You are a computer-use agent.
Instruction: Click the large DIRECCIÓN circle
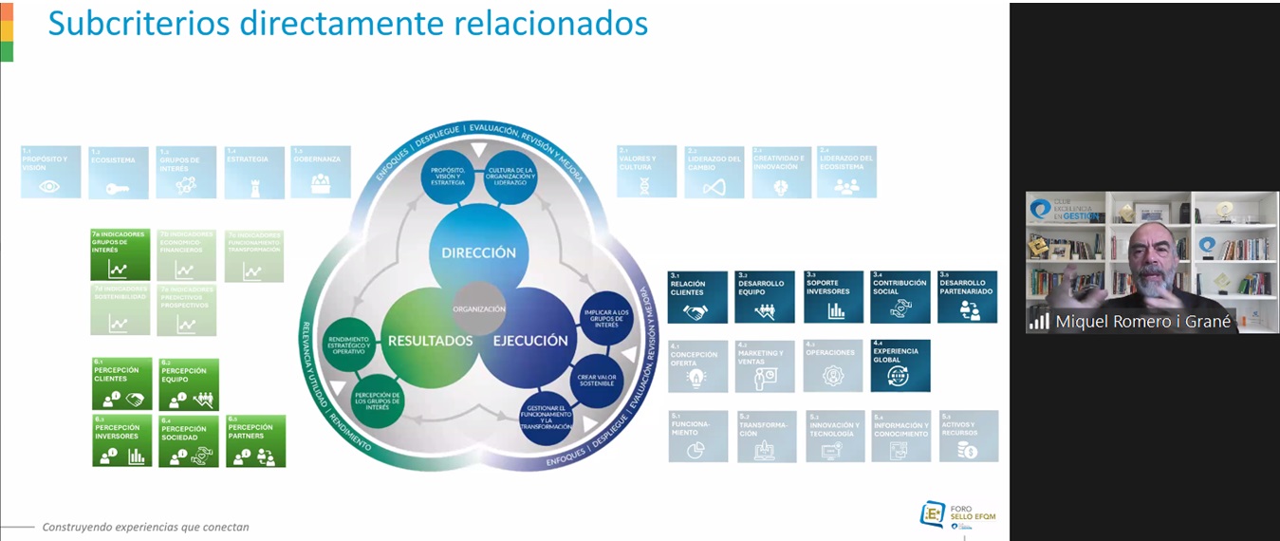click(478, 252)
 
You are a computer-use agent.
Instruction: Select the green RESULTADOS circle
click(429, 341)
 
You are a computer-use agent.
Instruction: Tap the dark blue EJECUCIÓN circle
click(529, 341)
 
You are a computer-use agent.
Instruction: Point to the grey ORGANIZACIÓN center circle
click(479, 308)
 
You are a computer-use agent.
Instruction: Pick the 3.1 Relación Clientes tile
click(697, 297)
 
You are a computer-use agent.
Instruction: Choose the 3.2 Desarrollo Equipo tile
click(766, 297)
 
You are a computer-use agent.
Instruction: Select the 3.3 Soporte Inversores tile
click(834, 297)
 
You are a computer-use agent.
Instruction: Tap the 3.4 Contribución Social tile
click(900, 297)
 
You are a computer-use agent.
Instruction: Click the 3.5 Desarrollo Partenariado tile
click(968, 297)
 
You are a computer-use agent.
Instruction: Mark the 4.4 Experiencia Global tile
click(900, 365)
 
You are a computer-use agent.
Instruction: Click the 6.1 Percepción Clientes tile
click(121, 383)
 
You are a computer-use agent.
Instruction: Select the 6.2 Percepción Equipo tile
click(189, 383)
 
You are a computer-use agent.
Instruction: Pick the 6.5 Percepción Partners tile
click(256, 441)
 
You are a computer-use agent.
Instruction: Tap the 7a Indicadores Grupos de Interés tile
click(121, 254)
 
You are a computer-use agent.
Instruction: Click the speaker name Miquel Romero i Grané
click(1142, 322)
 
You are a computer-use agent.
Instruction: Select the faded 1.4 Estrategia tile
click(254, 172)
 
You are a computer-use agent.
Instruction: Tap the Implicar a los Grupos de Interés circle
click(605, 319)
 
